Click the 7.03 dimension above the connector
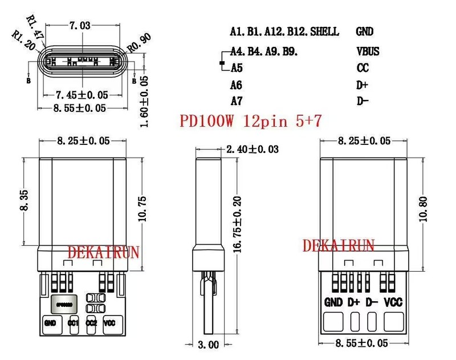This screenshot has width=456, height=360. pos(79,25)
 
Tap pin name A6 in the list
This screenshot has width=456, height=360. pos(237,85)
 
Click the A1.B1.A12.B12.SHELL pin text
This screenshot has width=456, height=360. pos(284,31)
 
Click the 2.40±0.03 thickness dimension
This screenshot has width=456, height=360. pos(253,149)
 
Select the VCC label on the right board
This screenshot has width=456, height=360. pos(393,302)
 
